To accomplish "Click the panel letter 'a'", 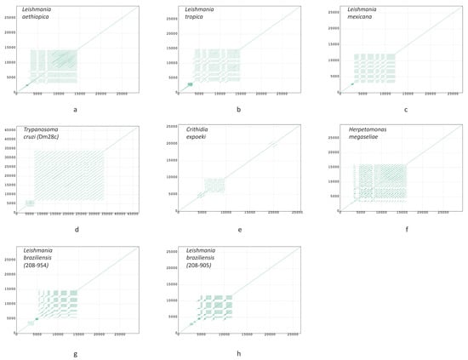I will pyautogui.click(x=75, y=110).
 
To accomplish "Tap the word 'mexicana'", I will pyautogui.click(x=354, y=19).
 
